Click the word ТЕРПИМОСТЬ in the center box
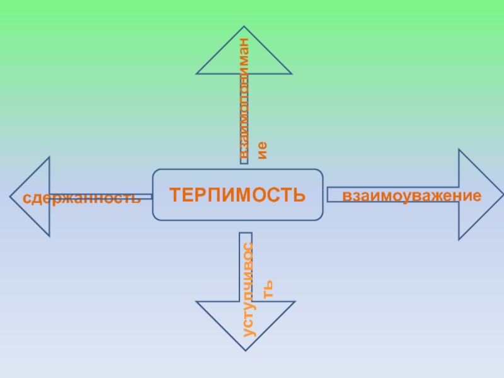click(237, 194)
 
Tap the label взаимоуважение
click(412, 195)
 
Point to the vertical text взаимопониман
click(246, 98)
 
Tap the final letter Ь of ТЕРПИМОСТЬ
click(299, 194)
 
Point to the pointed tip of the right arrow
click(502, 194)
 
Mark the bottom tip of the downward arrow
click(245, 348)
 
